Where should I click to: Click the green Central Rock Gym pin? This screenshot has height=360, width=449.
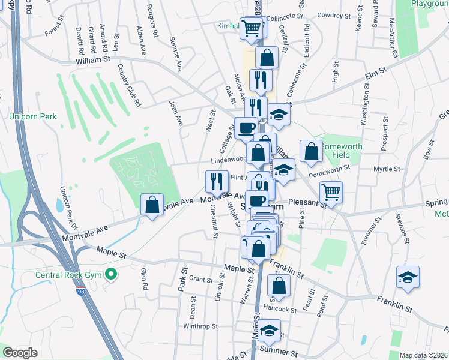[x=110, y=275]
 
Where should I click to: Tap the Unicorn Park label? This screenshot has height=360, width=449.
[x=33, y=116]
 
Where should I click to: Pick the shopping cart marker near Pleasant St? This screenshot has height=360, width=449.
[x=331, y=191]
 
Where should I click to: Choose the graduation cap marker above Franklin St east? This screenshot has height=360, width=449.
[x=408, y=277]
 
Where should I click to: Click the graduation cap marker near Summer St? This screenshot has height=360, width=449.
[x=270, y=329]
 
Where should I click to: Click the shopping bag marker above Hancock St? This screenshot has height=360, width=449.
[x=279, y=284]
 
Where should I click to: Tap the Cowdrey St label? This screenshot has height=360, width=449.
[x=334, y=16]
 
